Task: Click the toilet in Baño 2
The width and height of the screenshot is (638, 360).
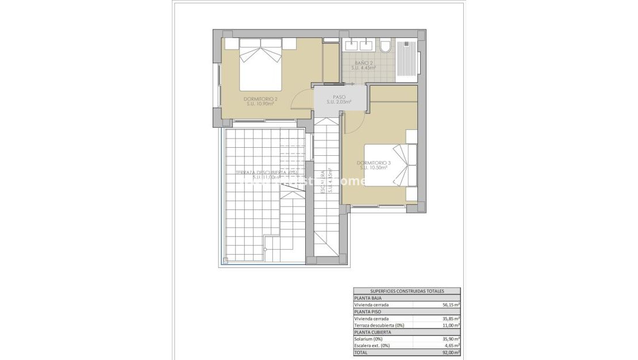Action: coord(385,46)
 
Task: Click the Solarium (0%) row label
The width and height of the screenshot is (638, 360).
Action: coord(368,339)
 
